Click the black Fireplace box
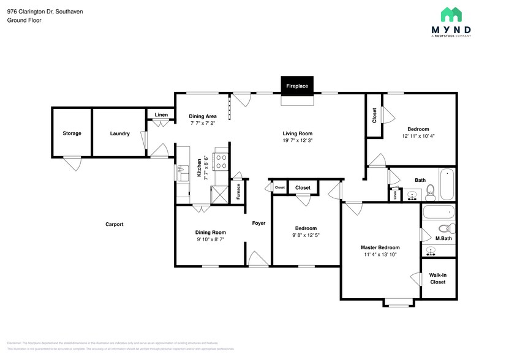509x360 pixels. coord(297,86)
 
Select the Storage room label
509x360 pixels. coord(72,133)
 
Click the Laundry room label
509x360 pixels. coord(119,133)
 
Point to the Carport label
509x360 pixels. coord(114,224)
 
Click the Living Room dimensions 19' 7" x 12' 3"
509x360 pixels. coord(297,141)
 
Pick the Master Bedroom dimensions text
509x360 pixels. coord(380,254)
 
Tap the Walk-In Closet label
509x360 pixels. coord(437,279)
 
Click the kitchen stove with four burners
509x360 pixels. coord(221,162)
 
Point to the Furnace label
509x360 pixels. coord(238,191)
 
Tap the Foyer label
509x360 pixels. coord(258,223)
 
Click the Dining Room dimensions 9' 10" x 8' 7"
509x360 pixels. coord(210,239)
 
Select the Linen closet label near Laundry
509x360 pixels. coord(161,115)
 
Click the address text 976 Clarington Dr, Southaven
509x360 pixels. coord(45,12)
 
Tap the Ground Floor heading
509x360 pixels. coord(23,20)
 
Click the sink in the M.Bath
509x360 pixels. coord(431,252)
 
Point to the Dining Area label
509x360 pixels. coord(203,116)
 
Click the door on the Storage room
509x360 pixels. coord(72,162)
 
